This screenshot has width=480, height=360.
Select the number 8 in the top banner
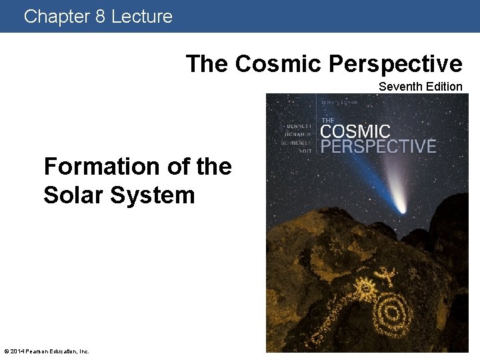[100, 16]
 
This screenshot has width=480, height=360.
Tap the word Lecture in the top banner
[141, 16]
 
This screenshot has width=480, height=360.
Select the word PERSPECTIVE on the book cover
[378, 146]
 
